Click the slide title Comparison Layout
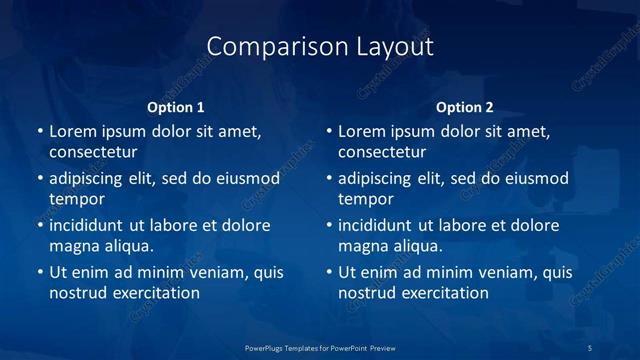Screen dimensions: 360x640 coord(320,46)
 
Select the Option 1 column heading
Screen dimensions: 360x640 coord(175,107)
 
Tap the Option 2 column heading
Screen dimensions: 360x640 coord(465,107)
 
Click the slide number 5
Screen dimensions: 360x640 coord(589,347)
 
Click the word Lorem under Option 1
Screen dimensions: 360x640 coord(72,131)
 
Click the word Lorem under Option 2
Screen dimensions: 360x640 coord(361,131)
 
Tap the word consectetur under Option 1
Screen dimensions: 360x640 coord(93,152)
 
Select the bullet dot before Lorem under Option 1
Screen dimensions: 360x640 coord(40,131)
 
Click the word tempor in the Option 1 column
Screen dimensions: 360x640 coord(76,199)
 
